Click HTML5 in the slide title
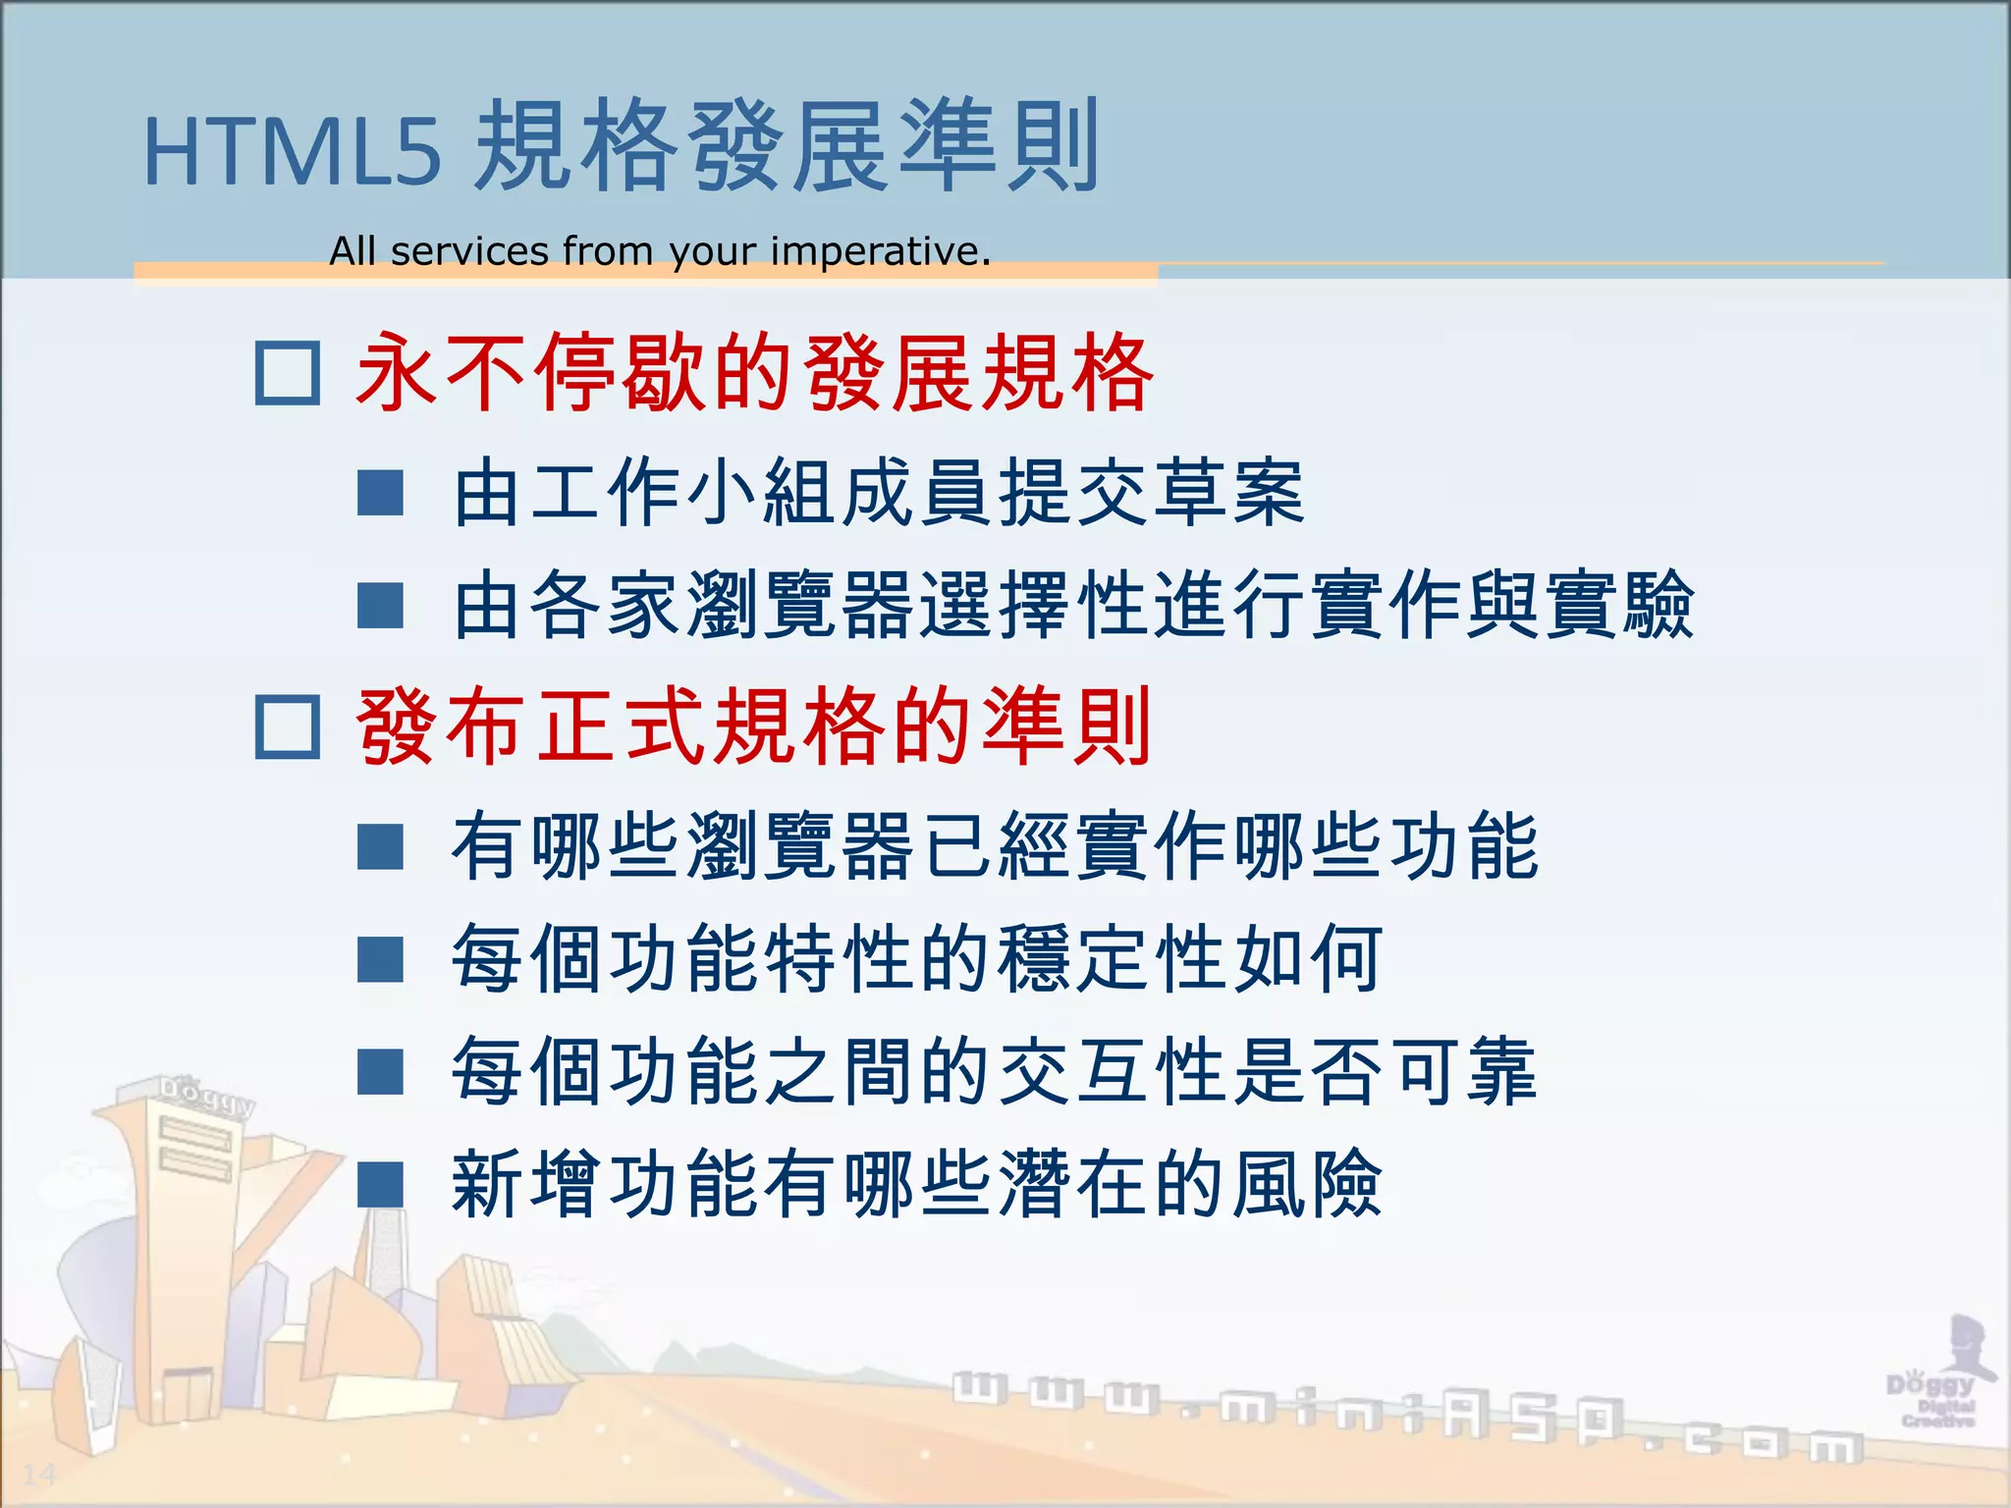293,152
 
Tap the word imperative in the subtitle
879,251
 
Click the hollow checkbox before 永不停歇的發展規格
287,373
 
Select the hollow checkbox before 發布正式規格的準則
287,727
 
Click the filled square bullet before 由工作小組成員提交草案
381,493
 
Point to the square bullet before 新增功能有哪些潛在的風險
381,1184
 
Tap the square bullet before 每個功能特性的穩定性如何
381,959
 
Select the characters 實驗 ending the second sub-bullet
1620,606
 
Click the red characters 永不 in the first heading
443,373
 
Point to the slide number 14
39,1474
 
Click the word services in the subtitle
469,251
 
